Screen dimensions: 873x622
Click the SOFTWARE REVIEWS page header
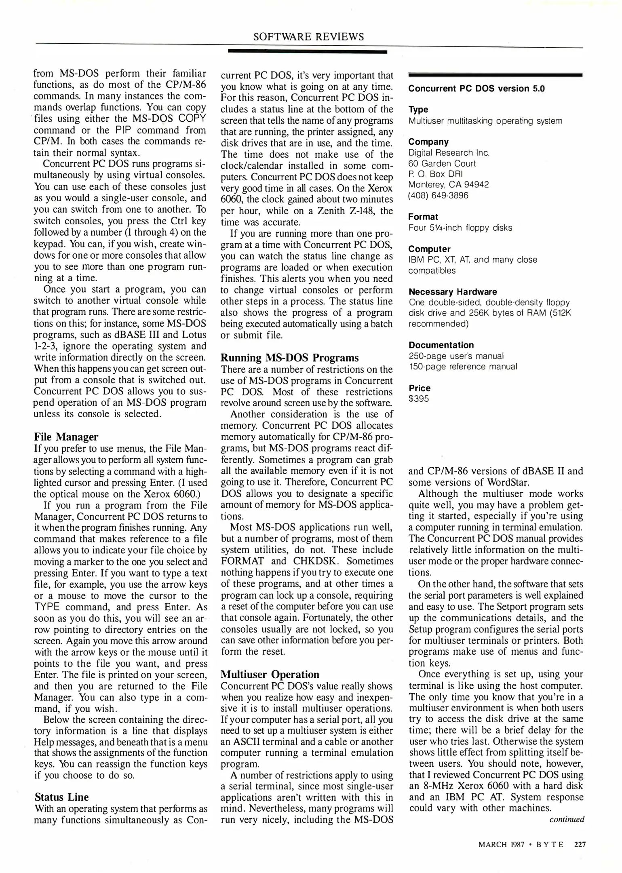[x=308, y=37]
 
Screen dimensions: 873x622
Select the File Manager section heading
[x=66, y=437]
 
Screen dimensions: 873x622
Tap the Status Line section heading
[x=61, y=797]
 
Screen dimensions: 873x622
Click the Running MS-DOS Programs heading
[x=289, y=358]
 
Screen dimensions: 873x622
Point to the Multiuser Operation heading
[x=270, y=675]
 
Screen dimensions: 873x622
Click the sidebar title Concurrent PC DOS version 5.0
[x=476, y=89]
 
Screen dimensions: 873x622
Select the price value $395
[x=419, y=399]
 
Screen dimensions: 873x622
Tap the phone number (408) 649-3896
[x=438, y=196]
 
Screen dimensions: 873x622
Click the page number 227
[x=580, y=845]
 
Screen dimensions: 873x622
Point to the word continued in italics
[x=567, y=819]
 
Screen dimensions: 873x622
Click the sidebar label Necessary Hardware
[x=453, y=292]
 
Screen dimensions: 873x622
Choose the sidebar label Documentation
[x=441, y=345]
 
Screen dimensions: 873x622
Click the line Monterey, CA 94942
[x=448, y=185]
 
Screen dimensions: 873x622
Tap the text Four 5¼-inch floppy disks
[x=460, y=228]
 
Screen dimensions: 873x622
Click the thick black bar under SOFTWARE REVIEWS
[x=307, y=52]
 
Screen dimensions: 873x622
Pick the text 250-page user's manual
[x=456, y=356]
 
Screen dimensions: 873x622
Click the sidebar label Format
[x=423, y=217]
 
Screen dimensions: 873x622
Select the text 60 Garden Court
[x=442, y=164]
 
